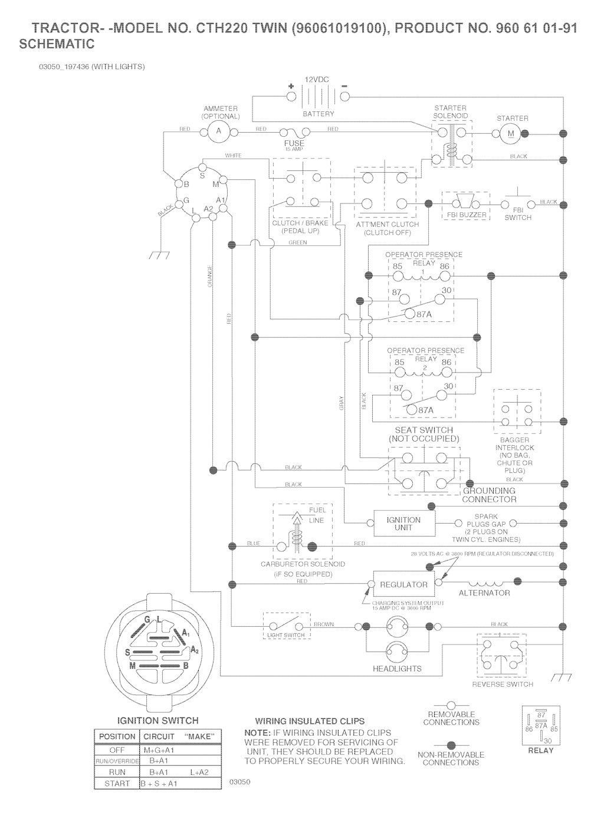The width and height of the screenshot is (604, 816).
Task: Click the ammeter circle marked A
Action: click(x=218, y=131)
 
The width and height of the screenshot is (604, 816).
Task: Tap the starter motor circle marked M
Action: click(x=511, y=134)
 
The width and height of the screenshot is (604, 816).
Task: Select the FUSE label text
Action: click(x=294, y=143)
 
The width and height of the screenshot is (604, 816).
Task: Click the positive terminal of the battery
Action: click(x=291, y=97)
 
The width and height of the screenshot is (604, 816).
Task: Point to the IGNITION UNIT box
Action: click(x=403, y=524)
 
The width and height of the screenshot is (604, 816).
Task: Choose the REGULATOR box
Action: click(x=403, y=584)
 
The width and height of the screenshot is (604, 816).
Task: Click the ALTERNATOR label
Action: click(x=484, y=593)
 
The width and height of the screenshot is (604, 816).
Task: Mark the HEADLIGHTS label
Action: click(x=397, y=669)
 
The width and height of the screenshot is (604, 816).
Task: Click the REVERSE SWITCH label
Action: click(x=503, y=685)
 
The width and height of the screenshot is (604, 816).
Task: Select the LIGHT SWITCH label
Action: click(x=286, y=635)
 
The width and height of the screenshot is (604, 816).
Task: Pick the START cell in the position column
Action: click(x=117, y=784)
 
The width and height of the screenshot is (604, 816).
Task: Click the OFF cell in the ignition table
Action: click(x=117, y=751)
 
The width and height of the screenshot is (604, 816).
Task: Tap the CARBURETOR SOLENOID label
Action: click(x=303, y=564)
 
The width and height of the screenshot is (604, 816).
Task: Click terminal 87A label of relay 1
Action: click(x=424, y=315)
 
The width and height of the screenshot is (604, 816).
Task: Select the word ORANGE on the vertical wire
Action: click(x=210, y=277)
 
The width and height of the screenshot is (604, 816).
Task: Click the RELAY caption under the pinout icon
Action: click(x=540, y=751)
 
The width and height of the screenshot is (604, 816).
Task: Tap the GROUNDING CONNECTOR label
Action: click(x=489, y=495)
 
